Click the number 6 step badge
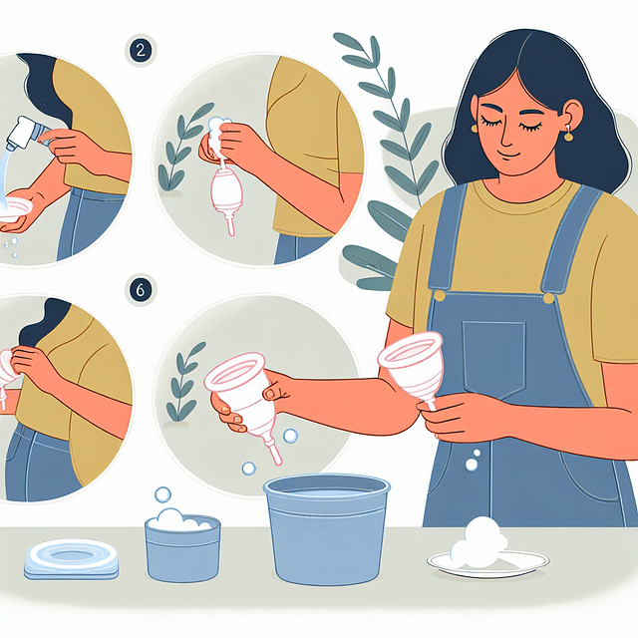coord(142,289)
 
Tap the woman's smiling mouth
coord(511,157)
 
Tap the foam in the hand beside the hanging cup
coord(217,128)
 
